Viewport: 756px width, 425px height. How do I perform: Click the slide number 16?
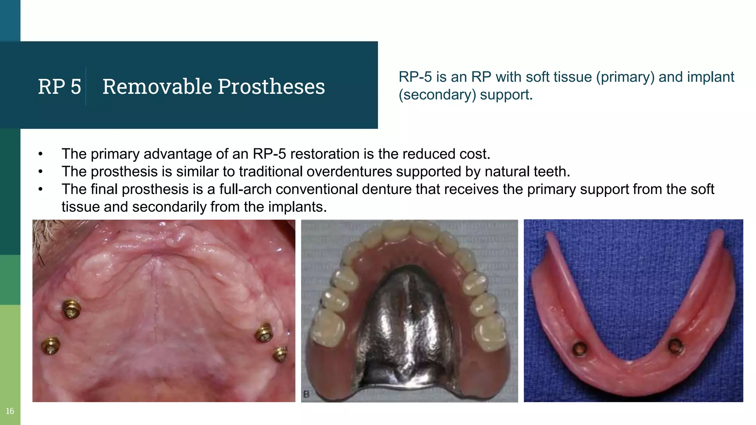coord(10,411)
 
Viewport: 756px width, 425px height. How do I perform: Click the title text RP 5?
coord(59,87)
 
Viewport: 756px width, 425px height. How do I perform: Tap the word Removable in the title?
coord(157,87)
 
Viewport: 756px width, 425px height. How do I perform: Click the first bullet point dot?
coord(41,154)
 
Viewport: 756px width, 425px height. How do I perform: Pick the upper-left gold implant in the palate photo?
coord(71,309)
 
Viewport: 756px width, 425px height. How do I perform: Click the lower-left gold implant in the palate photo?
coord(51,345)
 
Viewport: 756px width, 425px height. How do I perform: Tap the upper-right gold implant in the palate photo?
coord(264,332)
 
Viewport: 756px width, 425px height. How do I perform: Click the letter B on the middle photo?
coord(306,394)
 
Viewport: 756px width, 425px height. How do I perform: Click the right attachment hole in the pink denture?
coord(676,346)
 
